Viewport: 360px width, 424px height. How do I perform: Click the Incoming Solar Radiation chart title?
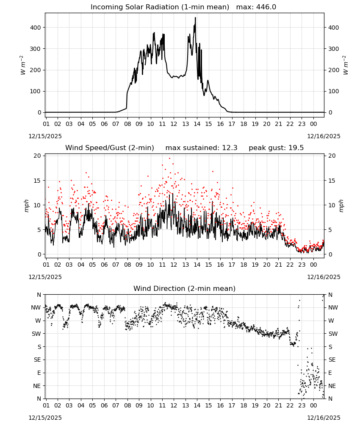click(x=160, y=7)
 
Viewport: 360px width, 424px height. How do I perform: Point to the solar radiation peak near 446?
click(x=195, y=18)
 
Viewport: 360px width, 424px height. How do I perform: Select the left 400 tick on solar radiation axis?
click(x=36, y=28)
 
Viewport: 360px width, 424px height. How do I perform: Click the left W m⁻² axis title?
click(x=23, y=65)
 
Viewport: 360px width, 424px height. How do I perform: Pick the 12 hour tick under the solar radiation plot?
click(x=174, y=124)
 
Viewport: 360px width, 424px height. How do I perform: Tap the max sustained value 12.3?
click(x=230, y=148)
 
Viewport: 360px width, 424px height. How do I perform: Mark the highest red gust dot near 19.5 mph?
click(x=169, y=158)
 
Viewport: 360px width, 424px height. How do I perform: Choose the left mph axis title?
click(x=26, y=206)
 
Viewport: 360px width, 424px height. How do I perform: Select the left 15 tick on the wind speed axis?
click(x=37, y=181)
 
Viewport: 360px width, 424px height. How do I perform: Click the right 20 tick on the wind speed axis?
click(x=332, y=156)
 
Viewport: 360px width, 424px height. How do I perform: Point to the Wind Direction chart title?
click(x=185, y=288)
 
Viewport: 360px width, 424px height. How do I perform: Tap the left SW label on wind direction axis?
click(x=36, y=334)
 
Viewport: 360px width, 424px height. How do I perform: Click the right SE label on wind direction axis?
click(x=332, y=360)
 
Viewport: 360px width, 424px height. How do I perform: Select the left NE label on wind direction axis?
click(x=37, y=386)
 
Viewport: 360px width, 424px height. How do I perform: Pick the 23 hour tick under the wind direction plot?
click(x=302, y=405)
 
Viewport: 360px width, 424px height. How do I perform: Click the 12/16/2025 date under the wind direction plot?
click(x=324, y=418)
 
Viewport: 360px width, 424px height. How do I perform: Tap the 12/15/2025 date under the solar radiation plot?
click(x=45, y=136)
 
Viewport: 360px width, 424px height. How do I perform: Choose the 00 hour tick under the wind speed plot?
click(x=313, y=265)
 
